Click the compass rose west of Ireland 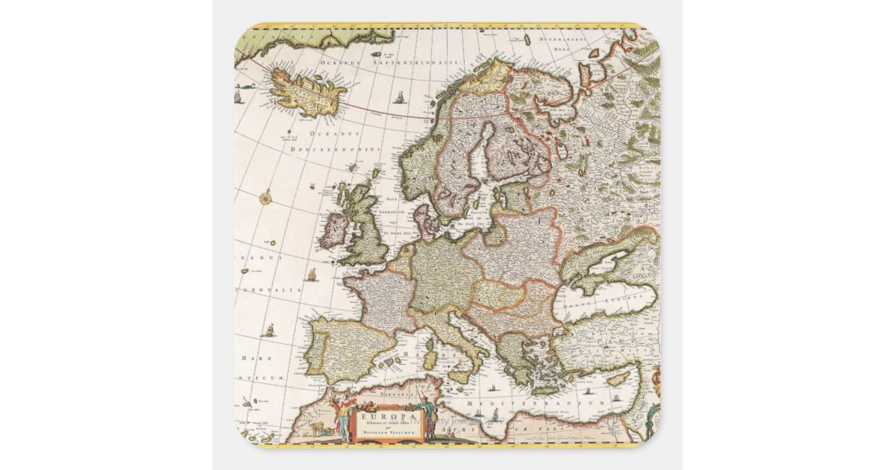[x=266, y=198]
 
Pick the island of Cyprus [x=617, y=380]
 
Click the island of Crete [x=548, y=389]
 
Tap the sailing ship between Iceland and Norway [x=400, y=98]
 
